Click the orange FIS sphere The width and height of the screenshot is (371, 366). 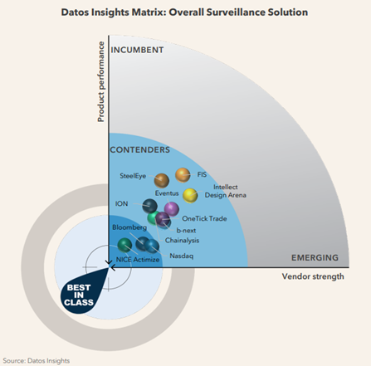(x=183, y=175)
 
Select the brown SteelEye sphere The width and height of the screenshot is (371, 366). (x=162, y=181)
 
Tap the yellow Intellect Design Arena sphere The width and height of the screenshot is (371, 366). (x=190, y=196)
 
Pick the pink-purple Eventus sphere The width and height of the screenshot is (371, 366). (x=172, y=209)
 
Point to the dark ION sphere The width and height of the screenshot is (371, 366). (x=149, y=206)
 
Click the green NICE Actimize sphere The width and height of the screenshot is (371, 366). (x=124, y=245)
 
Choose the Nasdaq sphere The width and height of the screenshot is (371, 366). (x=152, y=246)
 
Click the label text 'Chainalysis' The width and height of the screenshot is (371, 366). (x=182, y=241)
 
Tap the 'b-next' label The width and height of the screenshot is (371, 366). (x=186, y=230)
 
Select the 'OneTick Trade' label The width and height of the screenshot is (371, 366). (x=204, y=218)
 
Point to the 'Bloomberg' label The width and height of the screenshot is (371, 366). (x=129, y=227)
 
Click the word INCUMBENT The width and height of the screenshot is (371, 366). (x=137, y=50)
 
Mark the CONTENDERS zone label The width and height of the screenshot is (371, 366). (x=140, y=149)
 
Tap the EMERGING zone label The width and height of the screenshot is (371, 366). (x=315, y=258)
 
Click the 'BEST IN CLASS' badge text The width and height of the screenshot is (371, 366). (x=79, y=295)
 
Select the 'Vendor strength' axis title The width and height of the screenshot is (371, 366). (x=313, y=276)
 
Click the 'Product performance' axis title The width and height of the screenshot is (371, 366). (x=101, y=82)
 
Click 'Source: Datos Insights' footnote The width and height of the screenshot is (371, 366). (x=37, y=361)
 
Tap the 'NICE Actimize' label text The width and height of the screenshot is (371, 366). (x=138, y=260)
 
